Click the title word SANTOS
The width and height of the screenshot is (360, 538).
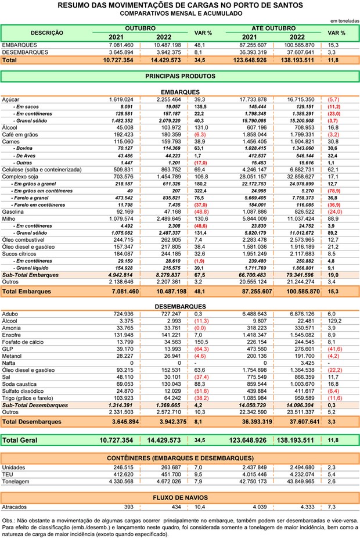tap(287, 5)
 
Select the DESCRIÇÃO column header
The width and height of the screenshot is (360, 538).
tap(47, 33)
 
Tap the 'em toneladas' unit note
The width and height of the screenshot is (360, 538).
tap(344, 21)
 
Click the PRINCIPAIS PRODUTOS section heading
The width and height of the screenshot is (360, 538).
tap(181, 76)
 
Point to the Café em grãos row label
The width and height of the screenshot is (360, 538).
tap(20, 135)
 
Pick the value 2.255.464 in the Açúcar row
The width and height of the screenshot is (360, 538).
tap(169, 99)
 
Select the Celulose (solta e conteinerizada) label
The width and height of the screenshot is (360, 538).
tap(42, 170)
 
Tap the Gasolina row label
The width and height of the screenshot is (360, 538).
tap(13, 212)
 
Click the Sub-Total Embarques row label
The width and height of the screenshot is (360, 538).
tap(30, 275)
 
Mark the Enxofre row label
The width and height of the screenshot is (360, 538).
tap(11, 335)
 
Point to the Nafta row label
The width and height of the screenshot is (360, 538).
tap(9, 363)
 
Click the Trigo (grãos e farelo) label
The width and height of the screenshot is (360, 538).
tap(27, 399)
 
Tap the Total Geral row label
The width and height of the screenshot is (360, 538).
tap(20, 440)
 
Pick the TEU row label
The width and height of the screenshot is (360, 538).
tap(8, 475)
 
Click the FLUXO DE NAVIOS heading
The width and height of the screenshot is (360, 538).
tap(181, 497)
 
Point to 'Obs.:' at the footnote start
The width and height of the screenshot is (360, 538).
tap(8, 521)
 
